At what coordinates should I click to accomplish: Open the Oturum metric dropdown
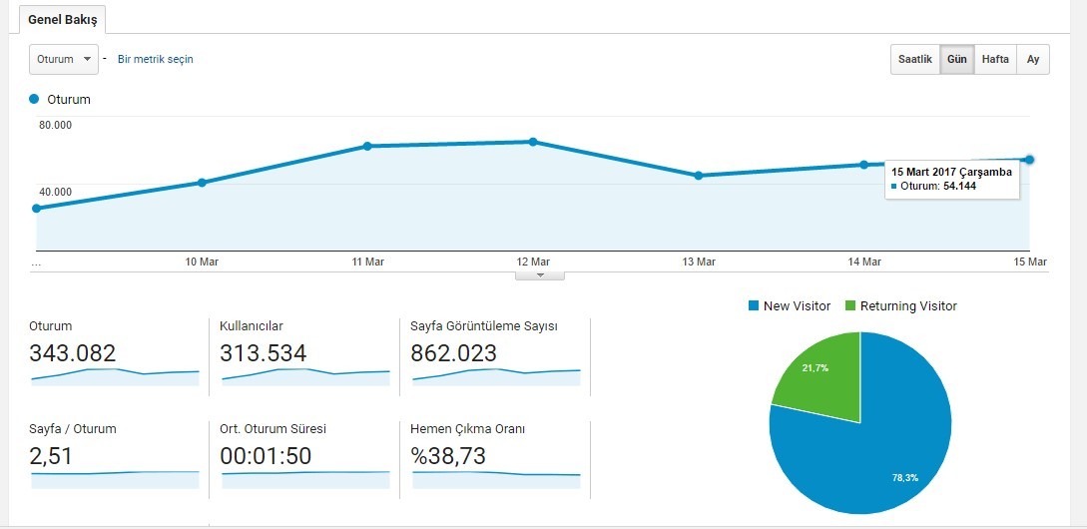coord(63,59)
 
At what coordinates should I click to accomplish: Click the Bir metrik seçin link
coord(156,59)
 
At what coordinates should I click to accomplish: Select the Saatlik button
coord(915,59)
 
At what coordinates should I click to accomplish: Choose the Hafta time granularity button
coord(995,59)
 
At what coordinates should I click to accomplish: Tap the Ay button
coord(1033,59)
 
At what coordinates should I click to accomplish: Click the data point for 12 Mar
coord(533,142)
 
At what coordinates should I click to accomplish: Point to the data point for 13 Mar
coord(698,176)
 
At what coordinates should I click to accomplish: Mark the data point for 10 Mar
coord(202,183)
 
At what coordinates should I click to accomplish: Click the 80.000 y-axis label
coord(55,125)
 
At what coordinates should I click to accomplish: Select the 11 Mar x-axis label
coord(367,262)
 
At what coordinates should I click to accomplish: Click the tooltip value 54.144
coord(959,186)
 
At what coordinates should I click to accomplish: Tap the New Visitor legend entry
coord(790,305)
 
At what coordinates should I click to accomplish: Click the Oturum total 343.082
coord(72,353)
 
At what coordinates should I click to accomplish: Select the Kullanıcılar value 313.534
coord(263,353)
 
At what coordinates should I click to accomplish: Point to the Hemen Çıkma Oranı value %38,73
coord(448,456)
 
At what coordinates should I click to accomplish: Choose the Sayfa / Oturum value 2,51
coord(51,456)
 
